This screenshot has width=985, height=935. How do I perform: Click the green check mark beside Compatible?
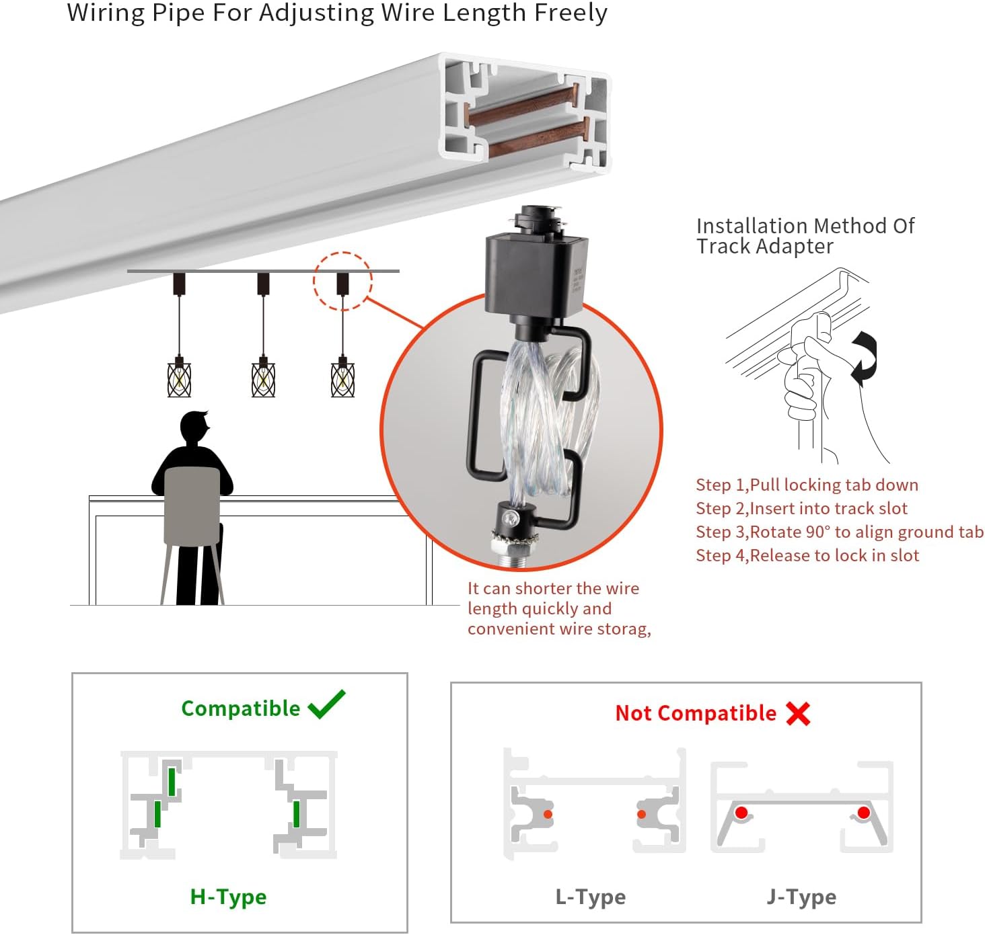point(326,704)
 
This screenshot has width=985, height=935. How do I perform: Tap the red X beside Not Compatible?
point(798,713)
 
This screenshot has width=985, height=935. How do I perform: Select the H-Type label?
point(228,897)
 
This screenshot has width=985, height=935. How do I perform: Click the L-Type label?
point(590,897)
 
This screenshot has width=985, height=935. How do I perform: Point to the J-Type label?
point(801,897)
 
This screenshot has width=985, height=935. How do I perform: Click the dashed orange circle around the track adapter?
point(342,281)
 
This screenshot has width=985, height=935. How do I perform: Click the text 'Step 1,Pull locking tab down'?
point(807,485)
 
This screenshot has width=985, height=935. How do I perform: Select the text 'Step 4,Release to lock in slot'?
point(807,556)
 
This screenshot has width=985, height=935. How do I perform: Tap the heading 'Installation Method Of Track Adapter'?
point(805,236)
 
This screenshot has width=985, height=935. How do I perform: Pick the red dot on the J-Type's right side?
point(864,813)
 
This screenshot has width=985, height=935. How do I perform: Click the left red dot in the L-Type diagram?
point(548,815)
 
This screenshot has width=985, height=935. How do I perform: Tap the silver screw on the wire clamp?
point(511,518)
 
